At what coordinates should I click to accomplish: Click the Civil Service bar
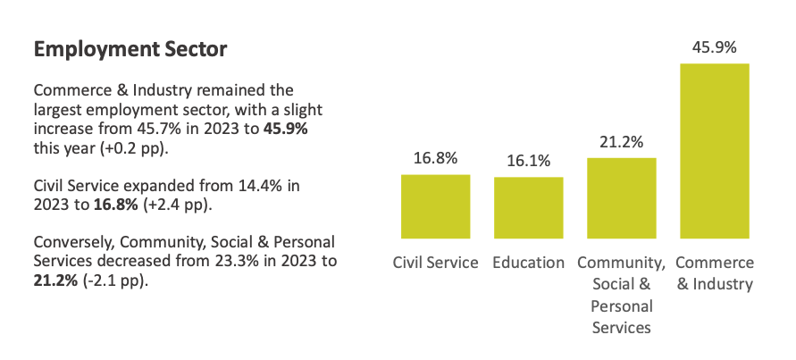(435, 206)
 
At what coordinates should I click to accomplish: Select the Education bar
(528, 208)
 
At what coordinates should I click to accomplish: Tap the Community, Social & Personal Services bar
(621, 198)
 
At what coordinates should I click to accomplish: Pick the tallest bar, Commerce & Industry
(715, 151)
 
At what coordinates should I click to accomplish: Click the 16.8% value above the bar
(435, 159)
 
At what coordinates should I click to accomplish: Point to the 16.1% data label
(528, 162)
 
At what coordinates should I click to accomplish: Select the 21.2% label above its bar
(621, 142)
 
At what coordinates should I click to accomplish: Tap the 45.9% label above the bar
(715, 47)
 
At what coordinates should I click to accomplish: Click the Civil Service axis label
(435, 264)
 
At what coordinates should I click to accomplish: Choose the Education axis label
(528, 264)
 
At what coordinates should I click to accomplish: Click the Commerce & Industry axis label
(715, 273)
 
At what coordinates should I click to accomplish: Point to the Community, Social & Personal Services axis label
(621, 295)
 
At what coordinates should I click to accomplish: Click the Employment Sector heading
(130, 50)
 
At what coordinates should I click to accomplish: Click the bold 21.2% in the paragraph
(54, 281)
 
